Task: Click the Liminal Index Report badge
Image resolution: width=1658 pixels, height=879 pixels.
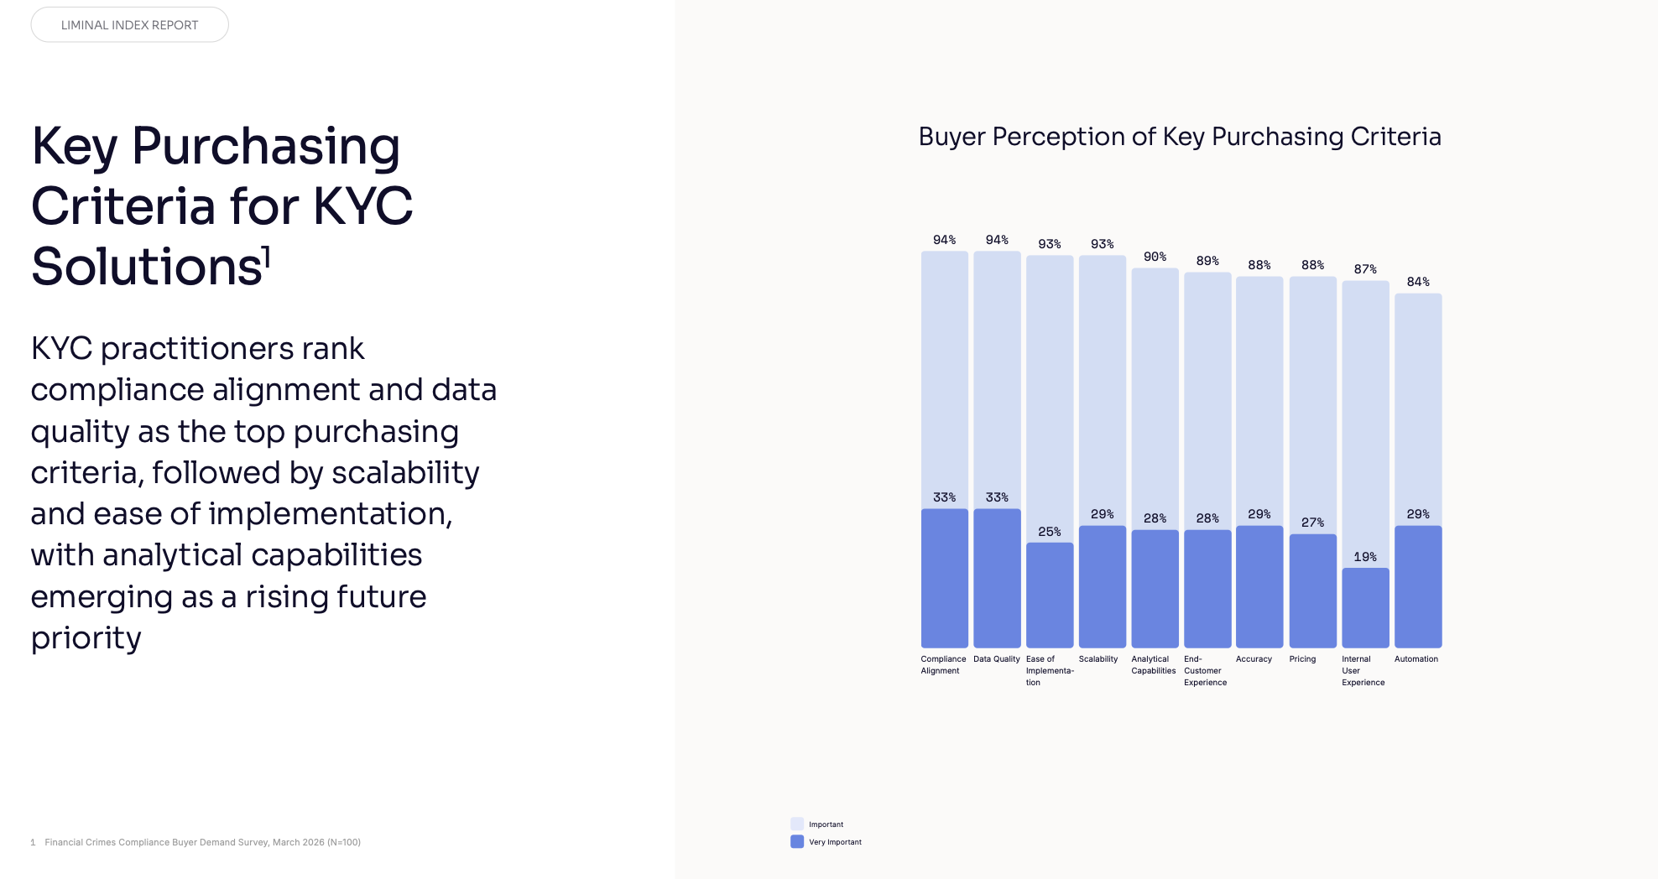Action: (x=129, y=25)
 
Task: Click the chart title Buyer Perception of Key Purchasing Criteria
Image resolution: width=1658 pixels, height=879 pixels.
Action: (x=1180, y=137)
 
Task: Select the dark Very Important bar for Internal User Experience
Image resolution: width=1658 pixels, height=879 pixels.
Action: (x=1365, y=608)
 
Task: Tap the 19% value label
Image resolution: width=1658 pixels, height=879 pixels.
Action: (x=1365, y=557)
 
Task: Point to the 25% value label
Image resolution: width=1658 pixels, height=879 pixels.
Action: (x=1050, y=532)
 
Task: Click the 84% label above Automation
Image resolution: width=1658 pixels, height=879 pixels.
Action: (x=1418, y=282)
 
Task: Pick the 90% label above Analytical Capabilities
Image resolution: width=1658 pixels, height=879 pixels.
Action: (x=1155, y=257)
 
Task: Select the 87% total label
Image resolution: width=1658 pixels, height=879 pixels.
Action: (x=1365, y=269)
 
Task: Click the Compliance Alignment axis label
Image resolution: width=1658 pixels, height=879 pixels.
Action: (x=943, y=665)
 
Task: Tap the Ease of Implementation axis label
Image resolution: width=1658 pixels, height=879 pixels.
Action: (x=1050, y=671)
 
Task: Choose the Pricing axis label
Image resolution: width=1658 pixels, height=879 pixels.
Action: (x=1302, y=659)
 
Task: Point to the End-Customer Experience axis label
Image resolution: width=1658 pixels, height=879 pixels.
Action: (x=1205, y=671)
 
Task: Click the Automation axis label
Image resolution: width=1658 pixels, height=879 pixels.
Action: (x=1416, y=659)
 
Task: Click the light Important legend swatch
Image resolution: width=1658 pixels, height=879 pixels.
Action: (x=797, y=824)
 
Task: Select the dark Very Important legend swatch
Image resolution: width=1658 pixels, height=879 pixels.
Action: (x=797, y=841)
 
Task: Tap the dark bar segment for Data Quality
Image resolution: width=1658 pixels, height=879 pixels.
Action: (x=997, y=578)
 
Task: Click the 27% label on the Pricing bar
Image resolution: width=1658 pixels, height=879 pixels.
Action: (x=1313, y=523)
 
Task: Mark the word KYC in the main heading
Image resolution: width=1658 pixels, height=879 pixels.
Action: (x=362, y=206)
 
